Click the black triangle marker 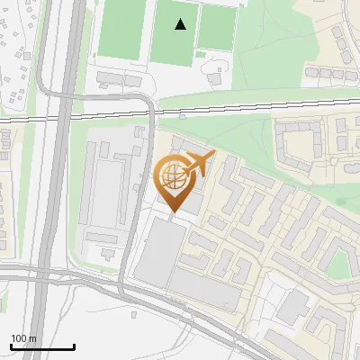point(181,24)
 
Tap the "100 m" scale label point(23,338)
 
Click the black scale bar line point(42,346)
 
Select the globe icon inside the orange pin point(171,175)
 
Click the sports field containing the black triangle point(175,31)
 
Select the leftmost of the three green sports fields point(121,27)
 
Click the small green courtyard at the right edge point(338,264)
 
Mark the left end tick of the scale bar point(11,346)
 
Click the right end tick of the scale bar point(74,346)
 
